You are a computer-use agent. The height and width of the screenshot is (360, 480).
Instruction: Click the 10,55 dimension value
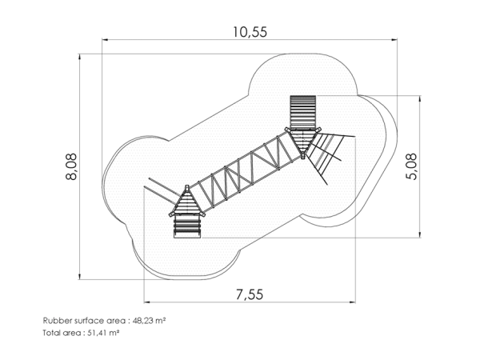[250, 32]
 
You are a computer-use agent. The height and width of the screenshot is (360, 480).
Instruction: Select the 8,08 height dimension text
[72, 166]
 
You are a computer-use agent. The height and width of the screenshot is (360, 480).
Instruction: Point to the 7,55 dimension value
[250, 294]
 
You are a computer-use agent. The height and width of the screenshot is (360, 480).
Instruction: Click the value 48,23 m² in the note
[149, 321]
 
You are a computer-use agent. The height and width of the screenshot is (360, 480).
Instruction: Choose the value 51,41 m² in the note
[103, 333]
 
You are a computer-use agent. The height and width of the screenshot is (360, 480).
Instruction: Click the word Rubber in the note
[54, 321]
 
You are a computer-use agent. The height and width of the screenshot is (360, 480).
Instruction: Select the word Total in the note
[50, 333]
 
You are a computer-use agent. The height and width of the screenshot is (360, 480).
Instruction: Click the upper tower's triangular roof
[302, 142]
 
